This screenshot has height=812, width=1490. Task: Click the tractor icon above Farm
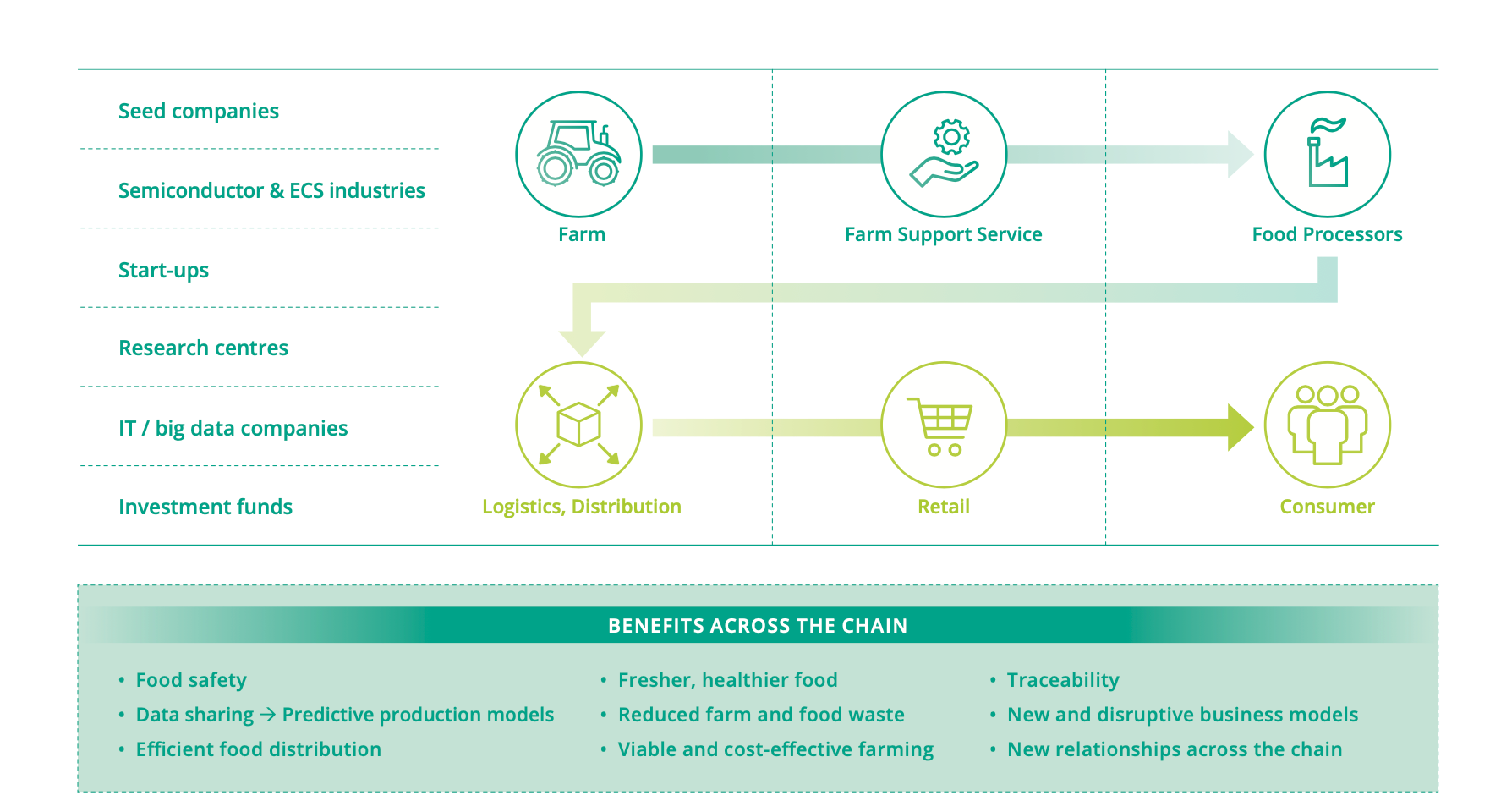pos(578,154)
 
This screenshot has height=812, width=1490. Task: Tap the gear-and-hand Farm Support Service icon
pos(944,154)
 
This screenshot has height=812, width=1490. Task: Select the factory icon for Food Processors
pos(1327,154)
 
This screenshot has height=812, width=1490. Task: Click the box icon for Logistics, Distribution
pos(578,425)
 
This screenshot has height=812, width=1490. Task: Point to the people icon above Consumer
pos(1327,425)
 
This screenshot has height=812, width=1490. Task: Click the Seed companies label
pos(199,112)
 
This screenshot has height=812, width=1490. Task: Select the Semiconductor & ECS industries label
pos(271,190)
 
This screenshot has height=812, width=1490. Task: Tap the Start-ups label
pos(163,271)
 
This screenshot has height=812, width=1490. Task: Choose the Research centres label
pos(203,348)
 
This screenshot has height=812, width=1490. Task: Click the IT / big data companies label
pos(233,428)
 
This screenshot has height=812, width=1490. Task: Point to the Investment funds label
pos(205,507)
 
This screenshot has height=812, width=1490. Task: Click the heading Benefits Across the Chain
pos(758,626)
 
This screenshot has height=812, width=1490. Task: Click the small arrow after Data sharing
pos(268,715)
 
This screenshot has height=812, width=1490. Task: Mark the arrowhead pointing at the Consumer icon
pos(1241,426)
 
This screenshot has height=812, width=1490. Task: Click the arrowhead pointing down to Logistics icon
pos(582,343)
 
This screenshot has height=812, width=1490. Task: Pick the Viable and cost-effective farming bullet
pos(775,749)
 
